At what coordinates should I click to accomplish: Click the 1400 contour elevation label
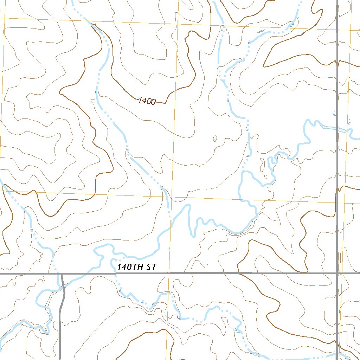click(147, 101)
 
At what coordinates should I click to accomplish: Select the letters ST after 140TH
click(151, 267)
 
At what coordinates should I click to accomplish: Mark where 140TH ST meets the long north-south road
click(337, 273)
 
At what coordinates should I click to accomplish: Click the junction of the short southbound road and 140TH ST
click(61, 274)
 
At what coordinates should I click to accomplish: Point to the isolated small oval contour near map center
click(215, 139)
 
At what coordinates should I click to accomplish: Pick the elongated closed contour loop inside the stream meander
click(262, 164)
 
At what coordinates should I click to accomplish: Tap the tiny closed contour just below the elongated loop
click(266, 176)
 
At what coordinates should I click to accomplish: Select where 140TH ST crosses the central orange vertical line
click(169, 273)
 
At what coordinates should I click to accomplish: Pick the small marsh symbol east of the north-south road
click(349, 123)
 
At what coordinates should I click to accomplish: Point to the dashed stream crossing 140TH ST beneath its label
click(116, 274)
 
